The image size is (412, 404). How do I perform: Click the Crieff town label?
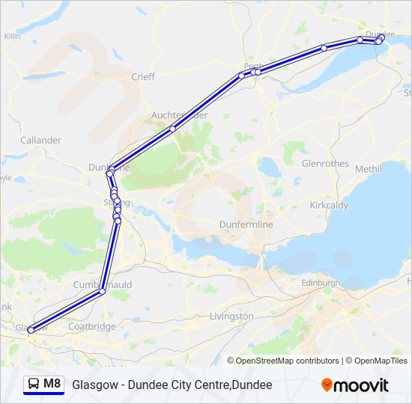pyautogui.click(x=143, y=76)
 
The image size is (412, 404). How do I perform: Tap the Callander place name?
pyautogui.click(x=40, y=140)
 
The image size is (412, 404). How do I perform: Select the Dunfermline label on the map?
pyautogui.click(x=246, y=224)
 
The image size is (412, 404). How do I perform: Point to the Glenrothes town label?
pyautogui.click(x=325, y=163)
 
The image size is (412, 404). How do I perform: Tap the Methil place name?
pyautogui.click(x=368, y=169)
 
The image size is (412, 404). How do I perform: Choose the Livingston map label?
pyautogui.click(x=231, y=316)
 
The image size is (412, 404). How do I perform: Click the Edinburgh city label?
pyautogui.click(x=320, y=283)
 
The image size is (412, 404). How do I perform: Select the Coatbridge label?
pyautogui.click(x=91, y=326)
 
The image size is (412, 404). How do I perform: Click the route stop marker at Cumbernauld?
pyautogui.click(x=103, y=292)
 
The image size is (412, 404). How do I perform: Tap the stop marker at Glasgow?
pyautogui.click(x=31, y=330)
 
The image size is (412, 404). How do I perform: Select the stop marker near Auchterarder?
pyautogui.click(x=172, y=129)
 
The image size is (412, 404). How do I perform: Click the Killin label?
pyautogui.click(x=12, y=36)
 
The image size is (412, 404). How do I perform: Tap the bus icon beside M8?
pyautogui.click(x=34, y=385)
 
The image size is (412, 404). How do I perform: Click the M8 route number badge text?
pyautogui.click(x=52, y=385)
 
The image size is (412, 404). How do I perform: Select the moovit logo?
pyautogui.click(x=355, y=385)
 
